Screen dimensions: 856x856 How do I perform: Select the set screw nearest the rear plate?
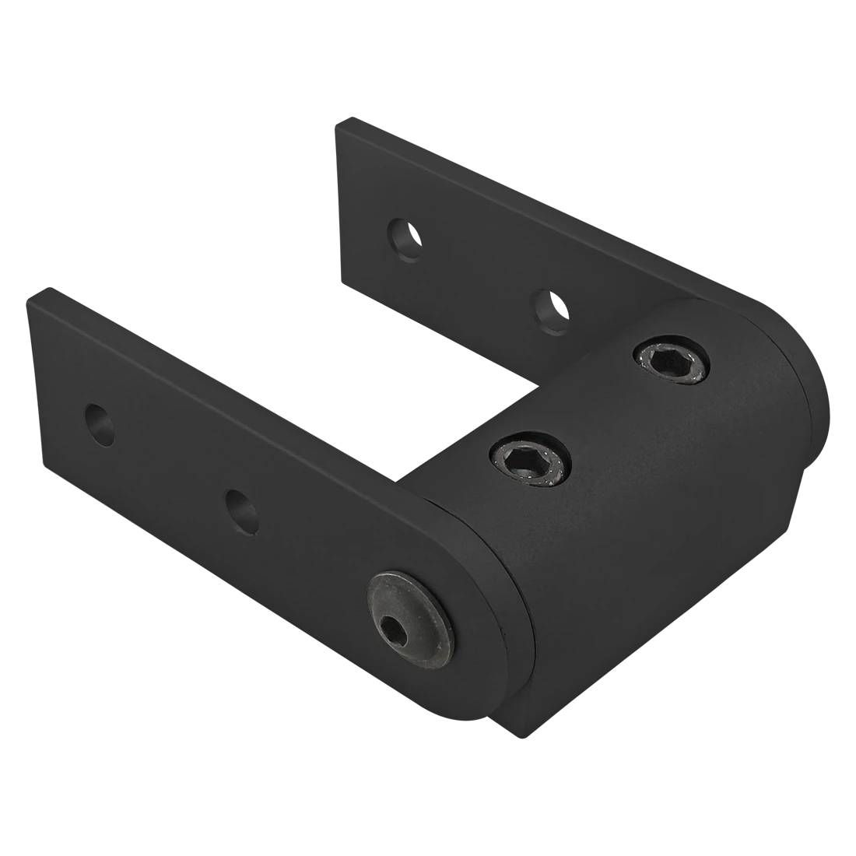[x=672, y=361]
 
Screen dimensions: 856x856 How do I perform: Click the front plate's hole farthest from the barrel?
[x=100, y=425]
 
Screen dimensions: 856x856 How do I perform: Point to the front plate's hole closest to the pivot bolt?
[x=240, y=511]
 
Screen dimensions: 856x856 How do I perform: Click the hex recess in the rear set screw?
[x=672, y=361]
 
